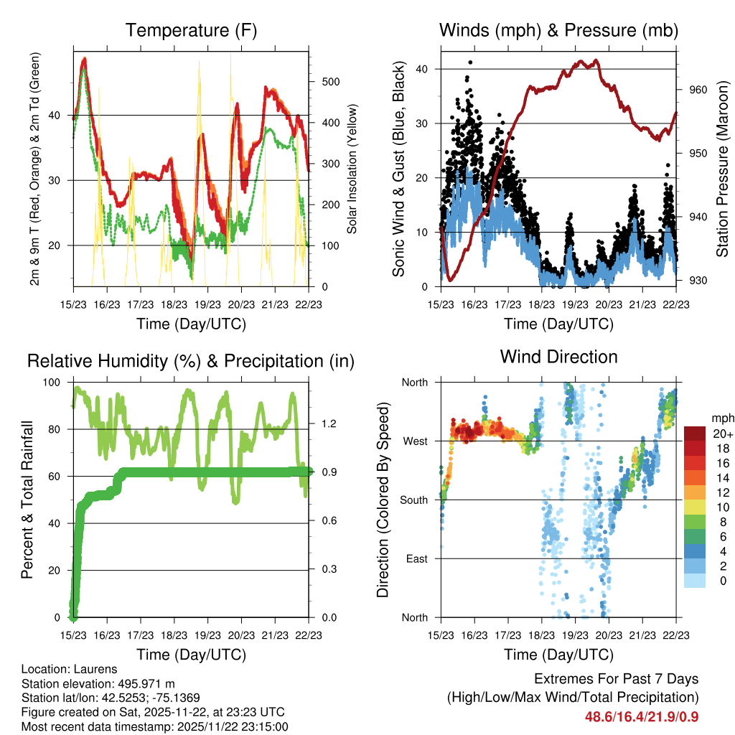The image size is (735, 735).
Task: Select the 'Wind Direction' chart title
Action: pos(558,357)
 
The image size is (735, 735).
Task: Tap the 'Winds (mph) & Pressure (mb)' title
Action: pos(558,31)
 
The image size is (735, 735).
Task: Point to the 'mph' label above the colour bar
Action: pos(721,418)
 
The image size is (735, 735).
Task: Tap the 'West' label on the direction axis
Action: pos(415,441)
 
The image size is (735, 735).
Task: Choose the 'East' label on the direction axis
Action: pos(416,558)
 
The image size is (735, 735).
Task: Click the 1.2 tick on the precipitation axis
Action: pos(329,423)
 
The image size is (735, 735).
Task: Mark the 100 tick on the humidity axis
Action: pos(53,383)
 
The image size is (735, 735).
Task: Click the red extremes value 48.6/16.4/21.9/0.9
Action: pos(642,716)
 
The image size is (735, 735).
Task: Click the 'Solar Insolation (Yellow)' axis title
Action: pos(352,169)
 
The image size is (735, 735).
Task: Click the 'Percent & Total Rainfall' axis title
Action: pos(29,500)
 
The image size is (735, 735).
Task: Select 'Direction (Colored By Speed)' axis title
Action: pos(383,500)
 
